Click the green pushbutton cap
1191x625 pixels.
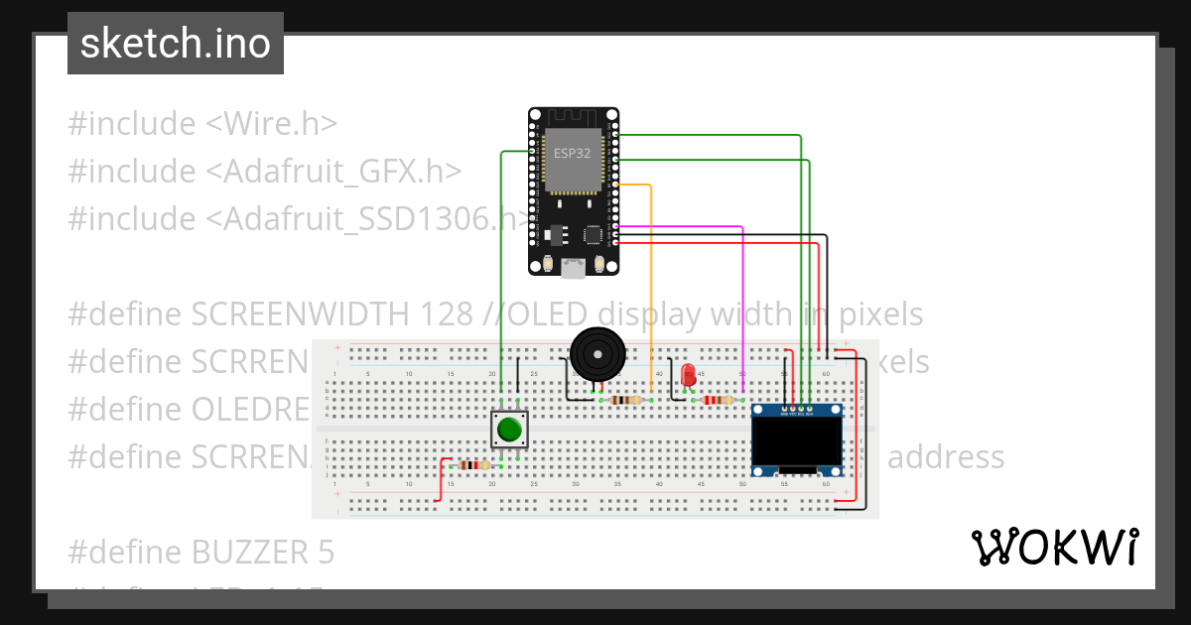(509, 430)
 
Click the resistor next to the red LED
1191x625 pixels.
(717, 401)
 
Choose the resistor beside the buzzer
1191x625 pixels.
(625, 401)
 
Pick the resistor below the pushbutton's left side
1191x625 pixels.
(474, 464)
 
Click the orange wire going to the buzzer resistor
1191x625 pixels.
(650, 288)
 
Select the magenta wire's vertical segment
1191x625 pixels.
(743, 308)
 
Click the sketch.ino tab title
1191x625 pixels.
(176, 44)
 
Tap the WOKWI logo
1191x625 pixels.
(1054, 548)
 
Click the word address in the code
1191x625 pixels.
(945, 457)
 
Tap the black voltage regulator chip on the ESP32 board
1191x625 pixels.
(553, 234)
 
